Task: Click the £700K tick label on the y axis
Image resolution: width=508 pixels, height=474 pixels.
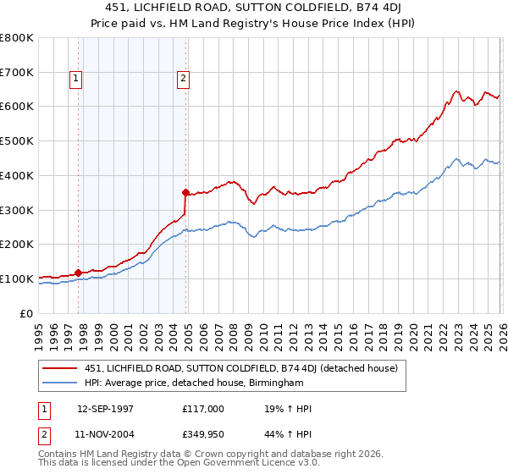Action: tap(17, 73)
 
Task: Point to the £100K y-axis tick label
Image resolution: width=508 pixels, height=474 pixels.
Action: tap(17, 278)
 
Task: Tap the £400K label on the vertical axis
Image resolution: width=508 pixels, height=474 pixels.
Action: tap(17, 175)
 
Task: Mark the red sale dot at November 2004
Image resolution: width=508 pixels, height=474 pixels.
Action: tap(186, 192)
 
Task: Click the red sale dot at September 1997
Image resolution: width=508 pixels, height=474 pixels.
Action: tap(79, 273)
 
